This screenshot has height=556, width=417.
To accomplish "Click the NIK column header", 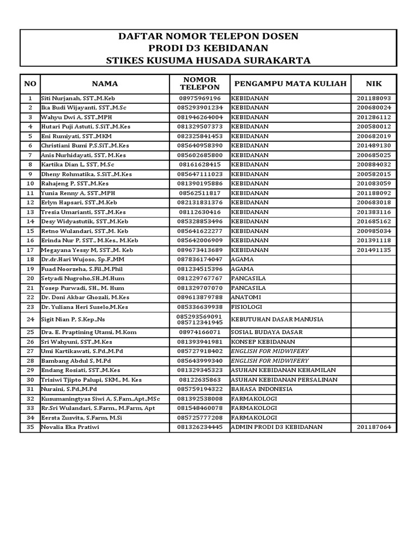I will tap(374, 84).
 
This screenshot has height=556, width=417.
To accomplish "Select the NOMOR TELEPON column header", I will tap(200, 84).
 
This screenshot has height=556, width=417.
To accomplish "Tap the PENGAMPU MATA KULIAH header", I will tap(290, 84).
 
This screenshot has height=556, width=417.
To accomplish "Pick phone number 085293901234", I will tap(200, 108).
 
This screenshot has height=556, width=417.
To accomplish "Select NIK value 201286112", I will tap(374, 117).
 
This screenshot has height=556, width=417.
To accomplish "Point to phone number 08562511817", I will tap(200, 193).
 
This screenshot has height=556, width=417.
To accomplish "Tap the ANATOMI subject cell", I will tap(247, 298).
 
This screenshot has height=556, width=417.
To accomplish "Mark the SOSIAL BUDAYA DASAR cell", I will tap(267, 332).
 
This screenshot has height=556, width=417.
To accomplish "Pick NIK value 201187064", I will tap(374, 427).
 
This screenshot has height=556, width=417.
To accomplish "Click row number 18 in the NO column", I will tap(30, 260).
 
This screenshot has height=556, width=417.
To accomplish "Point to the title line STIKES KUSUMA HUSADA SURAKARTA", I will tap(208, 60).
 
